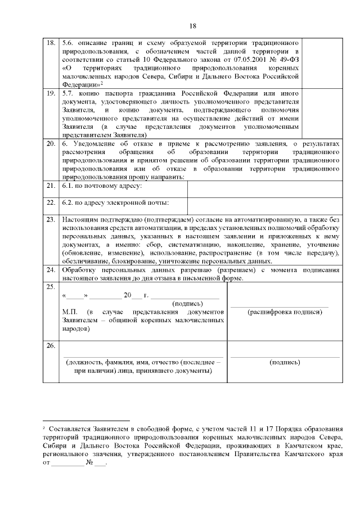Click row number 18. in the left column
tap(50, 43)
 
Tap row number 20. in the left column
tap(50, 144)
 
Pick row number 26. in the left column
tap(50, 345)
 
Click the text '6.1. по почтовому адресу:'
tap(102, 186)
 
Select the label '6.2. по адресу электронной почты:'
tap(116, 203)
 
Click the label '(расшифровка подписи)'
tap(285, 312)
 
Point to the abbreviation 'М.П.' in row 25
tap(71, 311)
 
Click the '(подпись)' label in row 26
tap(285, 363)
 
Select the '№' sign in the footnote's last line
tap(89, 464)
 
